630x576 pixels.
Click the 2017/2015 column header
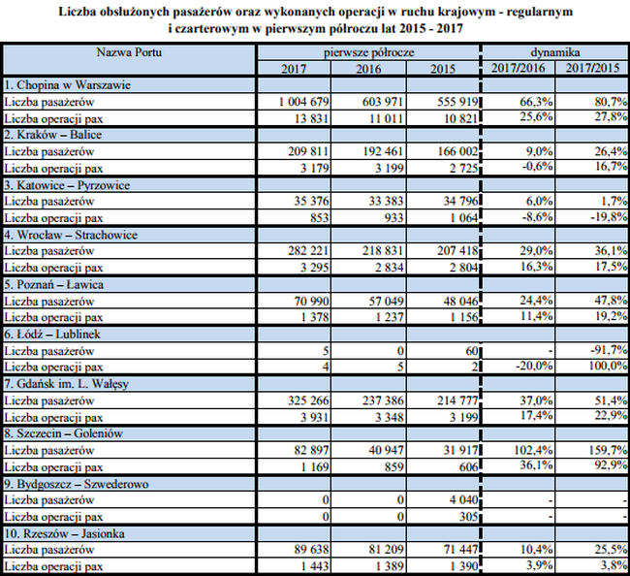(592, 68)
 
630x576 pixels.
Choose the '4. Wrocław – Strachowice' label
(71, 234)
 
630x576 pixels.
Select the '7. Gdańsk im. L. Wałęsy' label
(73, 383)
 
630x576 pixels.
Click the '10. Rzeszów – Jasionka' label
(64, 533)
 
